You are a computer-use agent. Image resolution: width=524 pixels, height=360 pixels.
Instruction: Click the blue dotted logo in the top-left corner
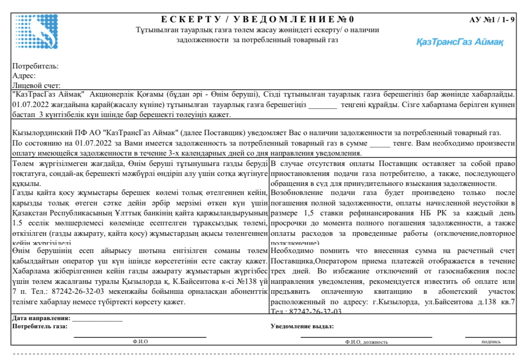point(36,32)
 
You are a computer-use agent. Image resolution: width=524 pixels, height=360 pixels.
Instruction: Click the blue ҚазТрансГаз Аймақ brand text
point(460,42)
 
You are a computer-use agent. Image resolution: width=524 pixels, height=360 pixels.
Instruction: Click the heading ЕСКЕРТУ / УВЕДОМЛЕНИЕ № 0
point(258,19)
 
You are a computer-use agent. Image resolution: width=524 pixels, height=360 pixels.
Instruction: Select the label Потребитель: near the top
point(35,66)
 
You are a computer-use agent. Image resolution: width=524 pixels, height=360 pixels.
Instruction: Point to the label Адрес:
point(24,75)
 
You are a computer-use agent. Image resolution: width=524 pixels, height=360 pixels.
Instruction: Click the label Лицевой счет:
point(37,85)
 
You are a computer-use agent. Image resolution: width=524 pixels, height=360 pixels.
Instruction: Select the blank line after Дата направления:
point(97,319)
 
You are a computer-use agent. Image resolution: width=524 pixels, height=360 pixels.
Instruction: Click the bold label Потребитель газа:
point(40,326)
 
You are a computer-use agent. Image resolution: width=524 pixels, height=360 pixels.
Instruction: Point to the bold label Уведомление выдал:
point(302,326)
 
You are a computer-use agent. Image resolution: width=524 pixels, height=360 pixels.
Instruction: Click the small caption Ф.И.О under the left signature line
point(140,341)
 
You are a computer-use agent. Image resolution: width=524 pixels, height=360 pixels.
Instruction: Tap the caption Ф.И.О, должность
point(366,342)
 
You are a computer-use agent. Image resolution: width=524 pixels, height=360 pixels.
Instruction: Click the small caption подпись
point(491,341)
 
